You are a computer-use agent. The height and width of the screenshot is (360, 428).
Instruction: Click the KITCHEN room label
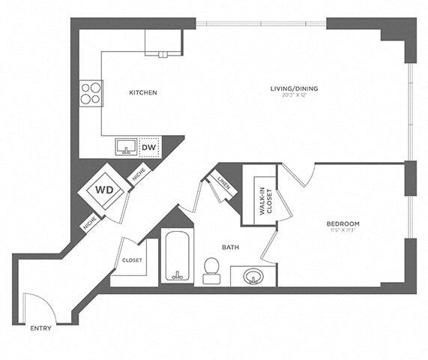point(142,93)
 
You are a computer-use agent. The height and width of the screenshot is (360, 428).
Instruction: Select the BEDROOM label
point(343,224)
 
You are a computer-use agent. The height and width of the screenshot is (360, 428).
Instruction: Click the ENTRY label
point(40,328)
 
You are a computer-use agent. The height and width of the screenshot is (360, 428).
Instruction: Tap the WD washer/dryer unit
point(103,189)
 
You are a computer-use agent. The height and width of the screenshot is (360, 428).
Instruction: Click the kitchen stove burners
point(91,93)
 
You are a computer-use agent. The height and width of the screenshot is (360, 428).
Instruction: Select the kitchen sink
point(124,145)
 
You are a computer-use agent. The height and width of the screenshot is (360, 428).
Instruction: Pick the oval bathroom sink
point(253,277)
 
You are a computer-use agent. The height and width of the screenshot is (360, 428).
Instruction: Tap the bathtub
point(178,259)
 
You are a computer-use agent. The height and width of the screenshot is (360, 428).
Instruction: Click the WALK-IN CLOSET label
point(263,199)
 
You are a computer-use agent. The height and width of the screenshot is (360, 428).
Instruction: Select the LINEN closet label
point(223,181)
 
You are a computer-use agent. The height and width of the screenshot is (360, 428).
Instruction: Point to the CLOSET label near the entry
point(132,260)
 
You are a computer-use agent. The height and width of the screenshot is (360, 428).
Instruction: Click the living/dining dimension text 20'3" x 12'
point(295,96)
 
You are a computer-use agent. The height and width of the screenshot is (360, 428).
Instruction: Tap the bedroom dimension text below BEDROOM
point(343,231)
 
